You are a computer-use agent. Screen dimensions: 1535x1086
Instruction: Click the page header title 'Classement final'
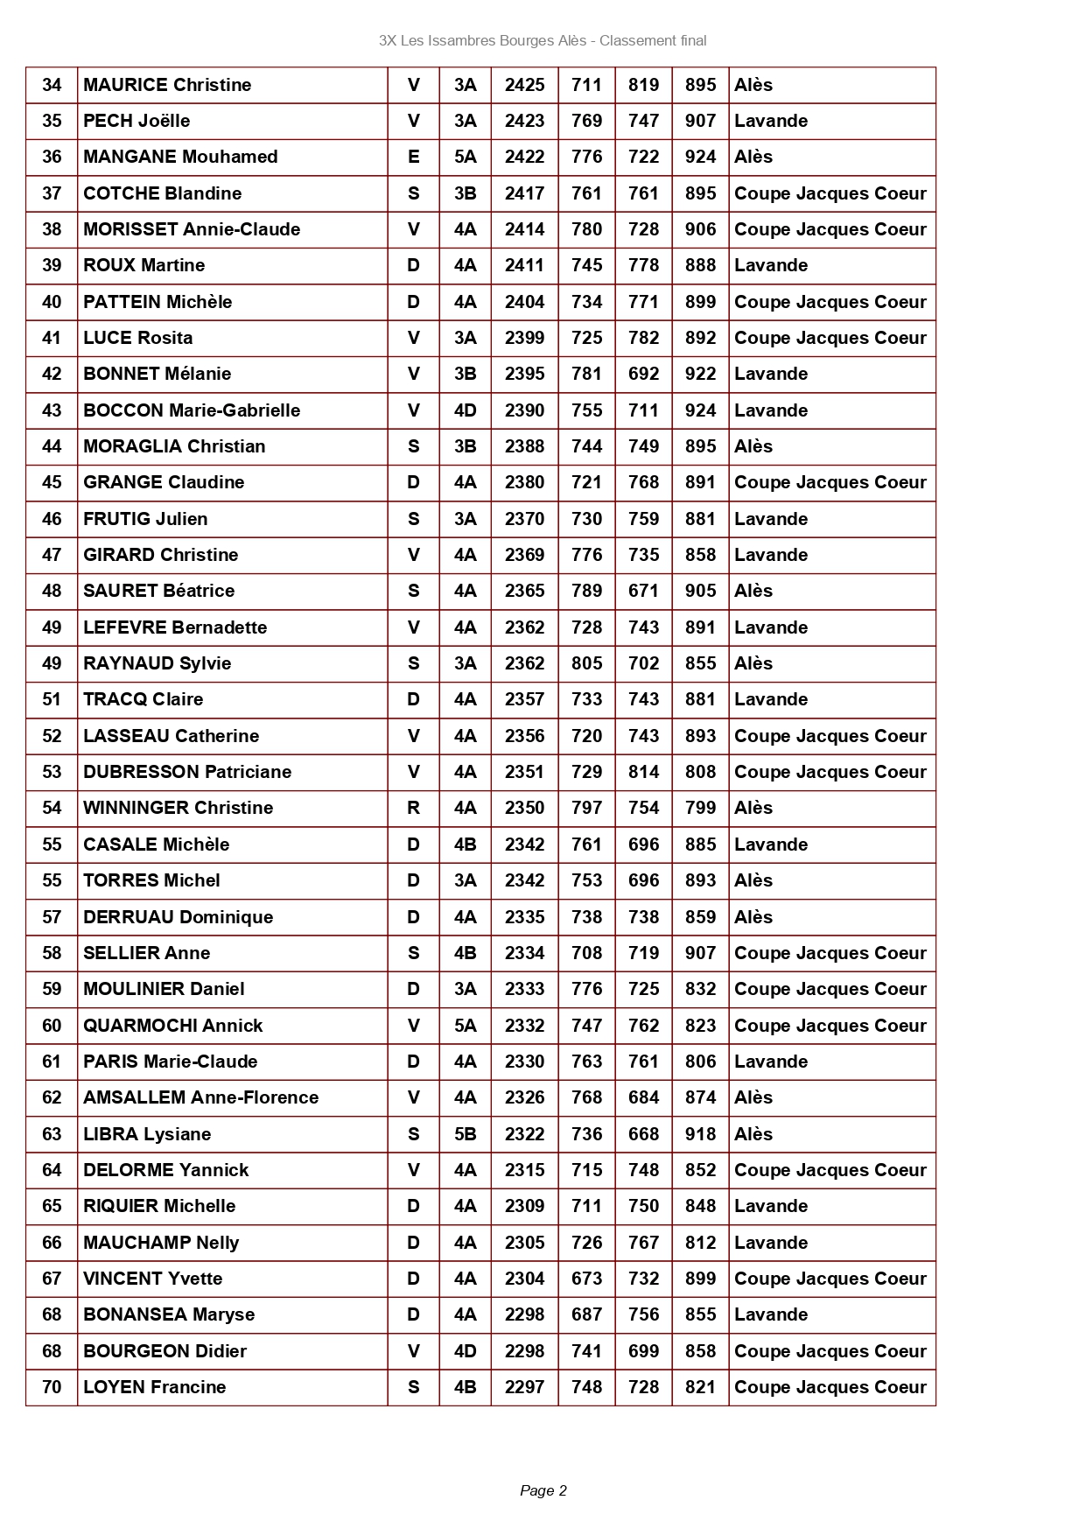(653, 40)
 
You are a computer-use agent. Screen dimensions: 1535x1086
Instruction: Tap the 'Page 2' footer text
(543, 1490)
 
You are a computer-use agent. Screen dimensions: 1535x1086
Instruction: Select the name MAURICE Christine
(167, 85)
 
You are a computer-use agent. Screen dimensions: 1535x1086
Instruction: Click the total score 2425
(524, 85)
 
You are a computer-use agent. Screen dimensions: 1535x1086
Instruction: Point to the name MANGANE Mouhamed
(180, 157)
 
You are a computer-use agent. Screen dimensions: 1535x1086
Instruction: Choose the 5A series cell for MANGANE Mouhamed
(465, 157)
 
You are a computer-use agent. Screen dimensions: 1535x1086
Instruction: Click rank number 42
(52, 374)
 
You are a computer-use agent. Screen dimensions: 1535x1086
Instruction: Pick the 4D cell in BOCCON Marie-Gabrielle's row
(465, 410)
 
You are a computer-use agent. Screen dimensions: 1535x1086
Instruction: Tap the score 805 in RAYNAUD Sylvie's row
(586, 663)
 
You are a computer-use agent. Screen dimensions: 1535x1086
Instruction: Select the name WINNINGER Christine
(178, 808)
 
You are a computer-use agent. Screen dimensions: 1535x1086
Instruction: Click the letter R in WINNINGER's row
(413, 808)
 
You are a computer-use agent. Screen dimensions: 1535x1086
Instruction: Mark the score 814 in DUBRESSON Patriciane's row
(643, 772)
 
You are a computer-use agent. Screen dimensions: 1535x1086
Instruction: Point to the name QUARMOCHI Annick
(172, 1026)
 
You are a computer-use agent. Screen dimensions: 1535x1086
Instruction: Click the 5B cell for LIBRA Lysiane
(465, 1134)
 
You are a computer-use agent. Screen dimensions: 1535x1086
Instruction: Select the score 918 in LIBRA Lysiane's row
(700, 1134)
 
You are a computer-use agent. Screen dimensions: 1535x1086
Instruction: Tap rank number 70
(52, 1387)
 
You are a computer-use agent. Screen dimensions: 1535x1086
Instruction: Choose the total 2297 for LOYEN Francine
(524, 1387)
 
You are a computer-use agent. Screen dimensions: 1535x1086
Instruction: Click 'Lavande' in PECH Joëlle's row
(771, 121)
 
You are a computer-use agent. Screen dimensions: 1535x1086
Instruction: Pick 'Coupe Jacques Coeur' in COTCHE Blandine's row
(830, 193)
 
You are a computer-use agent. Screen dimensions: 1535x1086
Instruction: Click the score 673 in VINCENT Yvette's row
(586, 1279)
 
